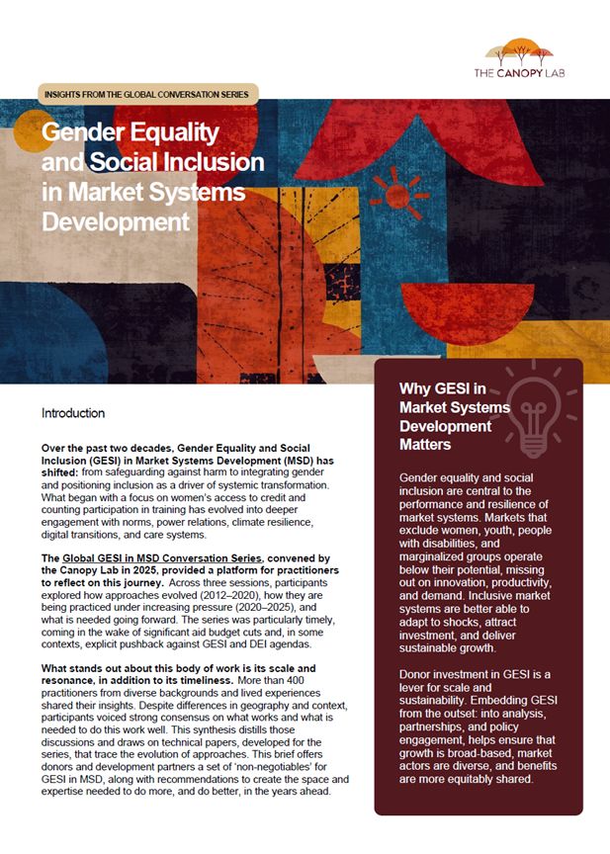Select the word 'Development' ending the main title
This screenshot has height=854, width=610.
(x=115, y=219)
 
